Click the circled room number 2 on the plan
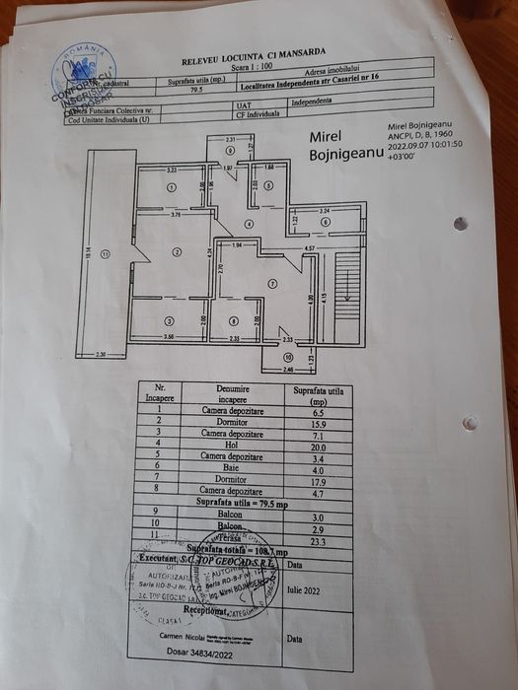pyautogui.click(x=177, y=252)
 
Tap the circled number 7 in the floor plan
pyautogui.click(x=271, y=284)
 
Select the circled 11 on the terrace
pyautogui.click(x=104, y=254)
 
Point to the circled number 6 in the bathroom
pyautogui.click(x=325, y=223)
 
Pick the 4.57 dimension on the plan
pyautogui.click(x=309, y=248)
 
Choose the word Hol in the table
pyautogui.click(x=228, y=445)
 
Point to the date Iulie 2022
pyautogui.click(x=302, y=591)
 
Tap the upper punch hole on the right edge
pyautogui.click(x=460, y=224)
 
